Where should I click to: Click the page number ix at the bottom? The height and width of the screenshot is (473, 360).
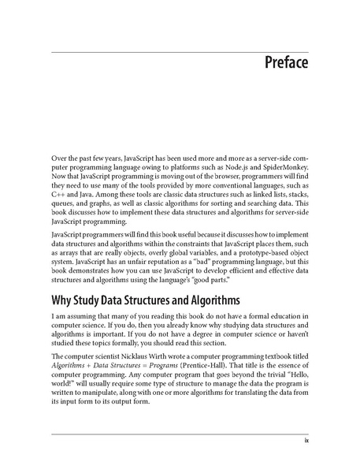pyautogui.click(x=305, y=441)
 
